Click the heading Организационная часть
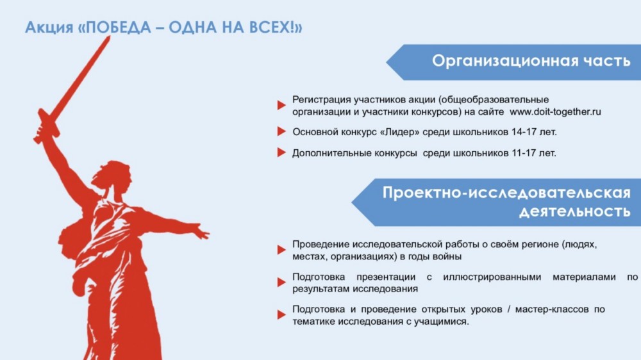(x=531, y=61)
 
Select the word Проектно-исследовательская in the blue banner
(x=506, y=192)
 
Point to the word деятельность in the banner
(x=575, y=211)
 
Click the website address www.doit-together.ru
(x=555, y=111)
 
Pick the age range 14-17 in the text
(x=520, y=132)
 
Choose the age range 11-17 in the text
(x=520, y=153)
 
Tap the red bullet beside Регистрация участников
(x=281, y=105)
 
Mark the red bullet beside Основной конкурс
(x=281, y=131)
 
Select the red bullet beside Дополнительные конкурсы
(x=281, y=152)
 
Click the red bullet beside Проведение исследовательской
(x=281, y=250)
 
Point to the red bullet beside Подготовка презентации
(x=281, y=282)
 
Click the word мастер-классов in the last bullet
(x=552, y=309)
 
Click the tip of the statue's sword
(x=109, y=37)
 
